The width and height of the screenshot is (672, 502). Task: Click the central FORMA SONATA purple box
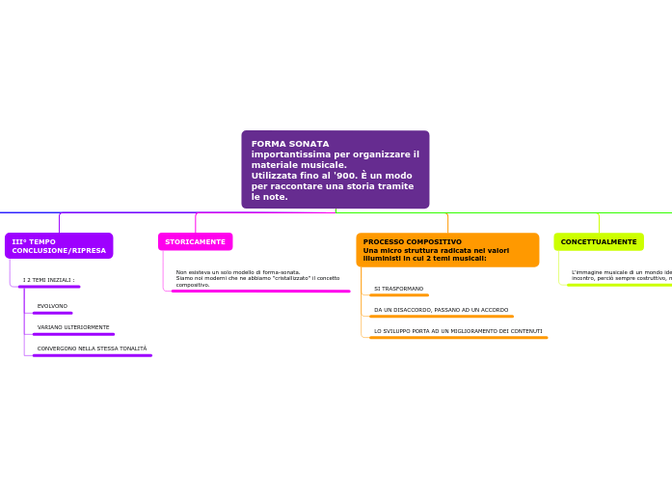(x=335, y=170)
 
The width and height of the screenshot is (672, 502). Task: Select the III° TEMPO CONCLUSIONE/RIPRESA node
(x=59, y=246)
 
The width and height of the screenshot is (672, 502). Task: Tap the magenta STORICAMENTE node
(x=195, y=241)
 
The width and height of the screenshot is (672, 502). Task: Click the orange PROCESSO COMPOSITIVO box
(x=447, y=250)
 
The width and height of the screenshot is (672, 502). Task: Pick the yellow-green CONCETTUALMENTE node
(x=599, y=241)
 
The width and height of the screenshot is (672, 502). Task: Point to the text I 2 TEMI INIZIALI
(x=48, y=280)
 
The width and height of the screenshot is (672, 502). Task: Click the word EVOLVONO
(x=52, y=306)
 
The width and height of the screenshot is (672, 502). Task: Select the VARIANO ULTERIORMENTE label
(x=73, y=327)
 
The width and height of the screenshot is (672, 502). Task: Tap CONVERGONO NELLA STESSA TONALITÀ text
(x=92, y=349)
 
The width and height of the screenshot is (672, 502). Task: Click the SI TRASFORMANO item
(x=398, y=289)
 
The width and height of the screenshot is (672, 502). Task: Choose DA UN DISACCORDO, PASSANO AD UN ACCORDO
(x=441, y=310)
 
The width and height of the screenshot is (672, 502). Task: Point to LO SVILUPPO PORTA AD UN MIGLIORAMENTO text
(x=458, y=331)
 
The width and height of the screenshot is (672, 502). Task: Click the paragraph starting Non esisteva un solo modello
(x=257, y=278)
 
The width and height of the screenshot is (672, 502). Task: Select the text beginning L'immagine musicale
(x=621, y=275)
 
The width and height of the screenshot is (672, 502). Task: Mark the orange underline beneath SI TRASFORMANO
(x=399, y=295)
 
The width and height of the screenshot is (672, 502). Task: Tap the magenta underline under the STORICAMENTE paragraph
(x=260, y=291)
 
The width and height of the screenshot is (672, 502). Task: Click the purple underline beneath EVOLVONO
(x=52, y=313)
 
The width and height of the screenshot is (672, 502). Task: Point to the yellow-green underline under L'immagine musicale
(x=619, y=285)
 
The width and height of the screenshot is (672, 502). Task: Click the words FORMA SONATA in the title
(x=290, y=144)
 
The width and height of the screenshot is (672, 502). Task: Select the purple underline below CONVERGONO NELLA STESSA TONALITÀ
(x=92, y=355)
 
